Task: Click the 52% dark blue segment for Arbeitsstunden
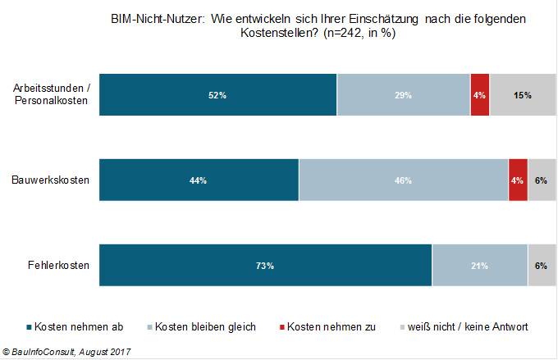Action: click(217, 95)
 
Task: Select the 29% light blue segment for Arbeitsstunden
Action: click(403, 95)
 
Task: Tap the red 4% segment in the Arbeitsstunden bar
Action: click(480, 95)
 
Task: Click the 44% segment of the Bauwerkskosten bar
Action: click(199, 180)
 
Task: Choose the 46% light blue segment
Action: click(404, 180)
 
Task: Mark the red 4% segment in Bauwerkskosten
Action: click(518, 180)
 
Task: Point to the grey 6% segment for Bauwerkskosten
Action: click(541, 180)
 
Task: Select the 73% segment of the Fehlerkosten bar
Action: click(265, 265)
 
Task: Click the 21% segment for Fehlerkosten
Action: click(480, 265)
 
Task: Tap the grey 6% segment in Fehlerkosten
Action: click(541, 265)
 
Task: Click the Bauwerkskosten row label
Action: click(51, 179)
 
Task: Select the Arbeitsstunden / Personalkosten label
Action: click(52, 95)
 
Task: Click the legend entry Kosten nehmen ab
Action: click(80, 326)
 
